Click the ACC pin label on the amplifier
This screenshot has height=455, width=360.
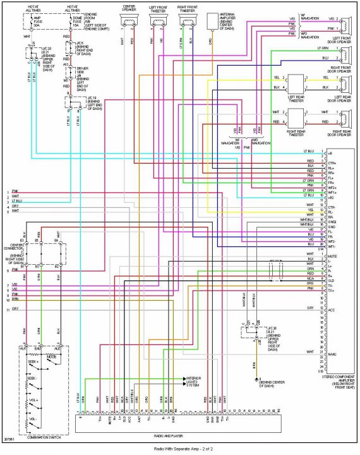coord(332,310)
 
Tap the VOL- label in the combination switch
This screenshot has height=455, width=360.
coord(33,419)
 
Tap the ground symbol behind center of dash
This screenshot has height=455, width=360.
coord(257,380)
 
